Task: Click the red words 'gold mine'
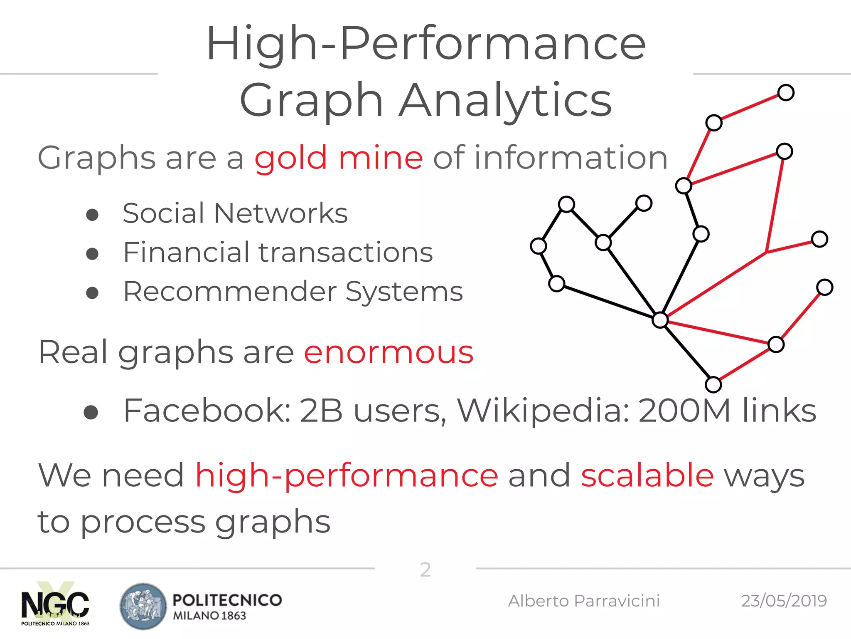tap(339, 159)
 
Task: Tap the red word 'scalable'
tap(647, 475)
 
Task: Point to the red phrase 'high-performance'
tap(347, 476)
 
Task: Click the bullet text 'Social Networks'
tap(235, 213)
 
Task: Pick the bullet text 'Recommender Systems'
tap(293, 291)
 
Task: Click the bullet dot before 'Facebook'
tap(91, 412)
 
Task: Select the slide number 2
tap(425, 570)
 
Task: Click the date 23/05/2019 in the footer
tap(784, 601)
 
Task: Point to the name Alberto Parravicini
tap(584, 601)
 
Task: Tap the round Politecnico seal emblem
tap(143, 606)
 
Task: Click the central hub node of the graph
tap(660, 320)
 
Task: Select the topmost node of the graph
tap(786, 92)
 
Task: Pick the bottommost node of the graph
tap(713, 385)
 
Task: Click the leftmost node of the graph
tap(539, 246)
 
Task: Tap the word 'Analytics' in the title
tap(505, 100)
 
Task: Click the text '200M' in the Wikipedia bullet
tap(684, 411)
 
